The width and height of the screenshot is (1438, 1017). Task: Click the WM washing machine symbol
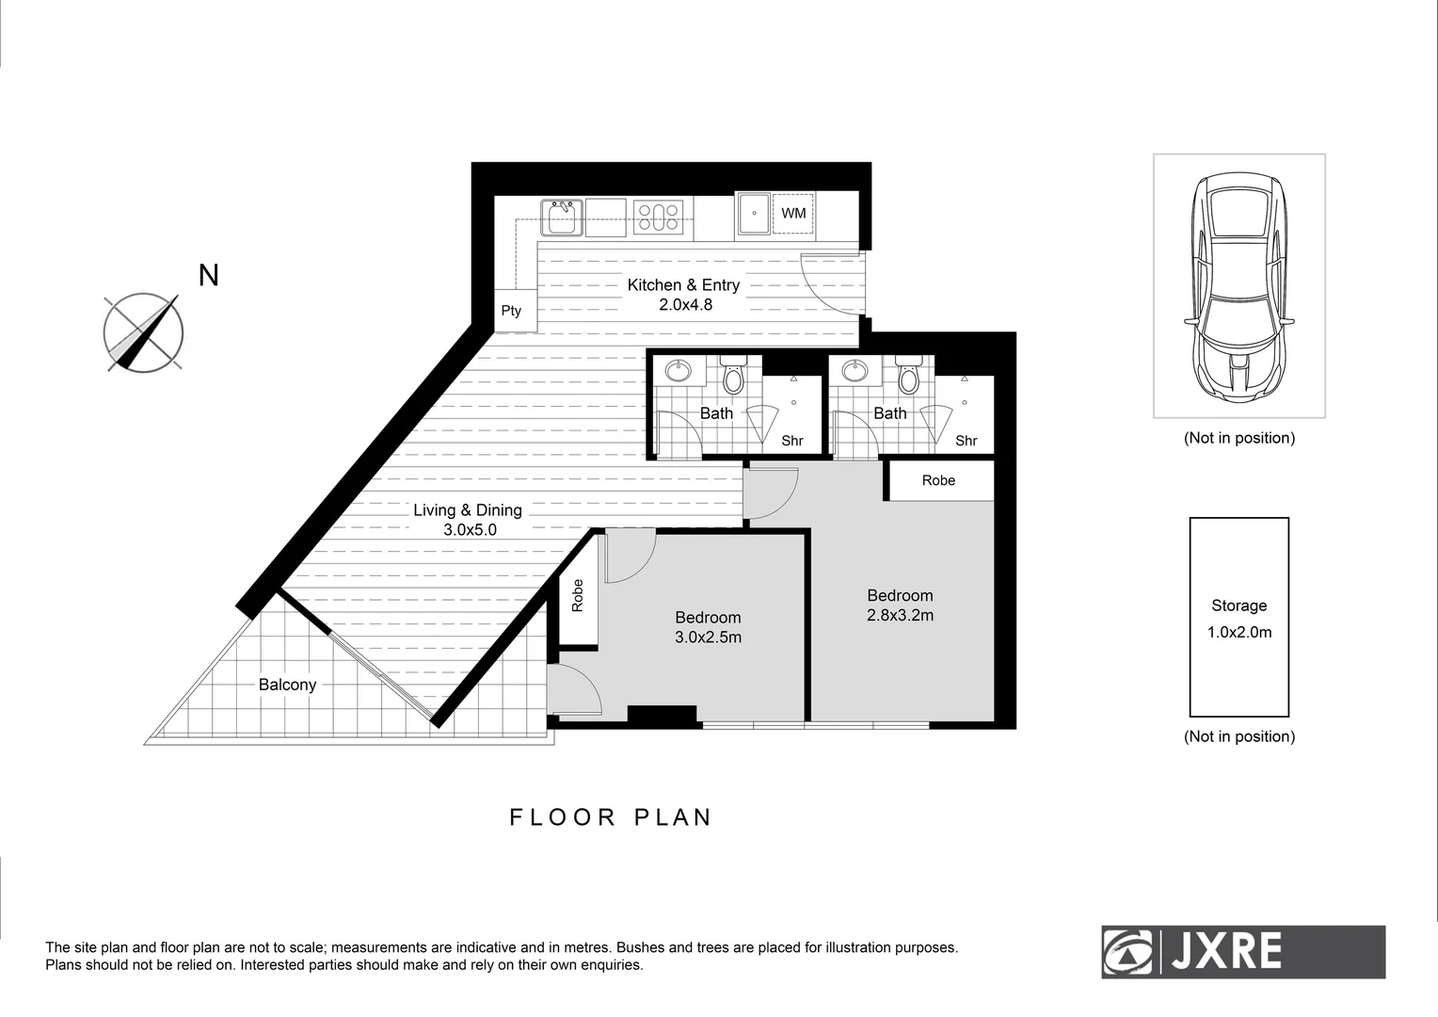point(793,214)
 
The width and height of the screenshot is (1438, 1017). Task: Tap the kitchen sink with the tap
point(561,218)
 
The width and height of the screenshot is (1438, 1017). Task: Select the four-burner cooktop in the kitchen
point(658,218)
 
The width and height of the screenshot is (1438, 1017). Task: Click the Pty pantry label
point(511,311)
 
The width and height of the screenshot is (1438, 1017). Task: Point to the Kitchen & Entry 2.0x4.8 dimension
point(684,305)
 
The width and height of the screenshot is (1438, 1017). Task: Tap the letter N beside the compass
point(209,275)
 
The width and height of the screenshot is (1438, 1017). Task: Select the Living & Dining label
point(468,510)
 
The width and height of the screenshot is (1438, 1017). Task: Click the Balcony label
point(287,685)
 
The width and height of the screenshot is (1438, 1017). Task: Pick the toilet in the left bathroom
point(733,378)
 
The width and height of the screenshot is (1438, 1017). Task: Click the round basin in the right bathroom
point(855,371)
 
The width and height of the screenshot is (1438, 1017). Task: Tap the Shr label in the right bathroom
point(967,441)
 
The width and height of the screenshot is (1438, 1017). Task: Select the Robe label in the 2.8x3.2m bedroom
point(938,480)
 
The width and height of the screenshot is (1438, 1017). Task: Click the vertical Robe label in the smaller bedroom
point(578,595)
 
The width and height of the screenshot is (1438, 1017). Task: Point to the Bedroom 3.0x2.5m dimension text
point(708,638)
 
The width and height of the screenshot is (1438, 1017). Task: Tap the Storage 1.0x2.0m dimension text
point(1239,633)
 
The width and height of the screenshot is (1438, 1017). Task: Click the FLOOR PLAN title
point(611,817)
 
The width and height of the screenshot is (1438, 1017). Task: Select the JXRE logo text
point(1225,952)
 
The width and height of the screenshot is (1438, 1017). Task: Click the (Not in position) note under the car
point(1239,438)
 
